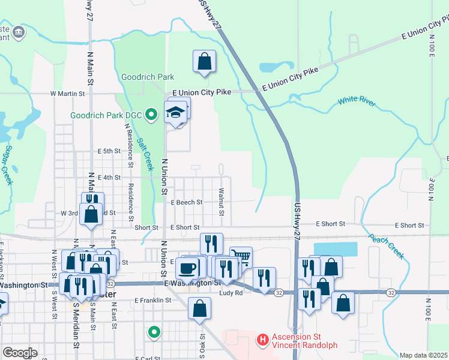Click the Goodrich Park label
click(x=148, y=77)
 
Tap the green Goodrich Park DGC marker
click(x=152, y=112)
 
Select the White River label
click(x=357, y=102)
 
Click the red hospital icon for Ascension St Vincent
click(x=262, y=340)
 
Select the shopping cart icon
click(x=241, y=257)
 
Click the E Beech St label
click(x=187, y=203)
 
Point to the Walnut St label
click(x=221, y=202)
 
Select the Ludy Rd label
click(x=231, y=293)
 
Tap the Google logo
click(x=20, y=353)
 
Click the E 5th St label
click(x=110, y=151)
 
